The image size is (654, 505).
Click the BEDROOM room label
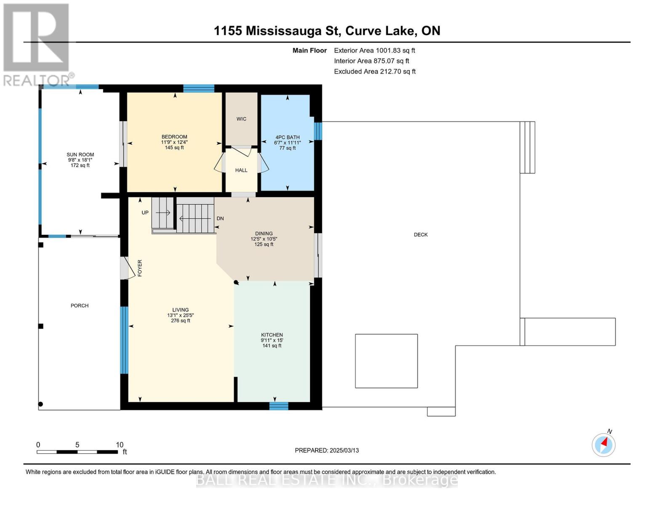coord(174,137)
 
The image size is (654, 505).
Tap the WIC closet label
coord(241,119)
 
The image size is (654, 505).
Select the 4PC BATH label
coord(287,137)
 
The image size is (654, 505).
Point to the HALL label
coord(241,170)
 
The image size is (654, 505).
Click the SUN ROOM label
coord(80,155)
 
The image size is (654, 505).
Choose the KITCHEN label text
coord(272,335)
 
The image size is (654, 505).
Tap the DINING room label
coord(264,234)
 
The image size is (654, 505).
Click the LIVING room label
coord(180,310)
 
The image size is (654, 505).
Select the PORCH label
coord(80,306)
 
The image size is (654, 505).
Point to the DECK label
coord(420,235)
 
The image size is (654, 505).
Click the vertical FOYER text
coord(140,268)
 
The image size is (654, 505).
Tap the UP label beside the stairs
coord(145,213)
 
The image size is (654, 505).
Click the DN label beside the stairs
coord(220,218)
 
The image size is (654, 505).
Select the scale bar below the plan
coord(77,452)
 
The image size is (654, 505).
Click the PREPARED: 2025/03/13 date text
coord(327,450)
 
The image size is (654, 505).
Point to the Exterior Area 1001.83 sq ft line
coord(374,50)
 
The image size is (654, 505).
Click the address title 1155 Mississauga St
coord(327,31)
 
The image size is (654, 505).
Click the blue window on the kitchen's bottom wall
coord(279,406)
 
